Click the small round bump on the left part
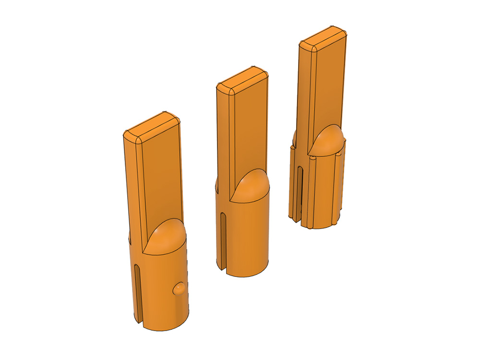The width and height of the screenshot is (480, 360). pos(179,288)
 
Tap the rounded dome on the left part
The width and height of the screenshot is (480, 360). pos(166,235)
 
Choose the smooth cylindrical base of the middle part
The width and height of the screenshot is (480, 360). pos(250,235)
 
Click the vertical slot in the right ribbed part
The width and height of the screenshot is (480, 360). pos(300,192)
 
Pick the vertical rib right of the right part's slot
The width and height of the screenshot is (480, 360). pos(308,192)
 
